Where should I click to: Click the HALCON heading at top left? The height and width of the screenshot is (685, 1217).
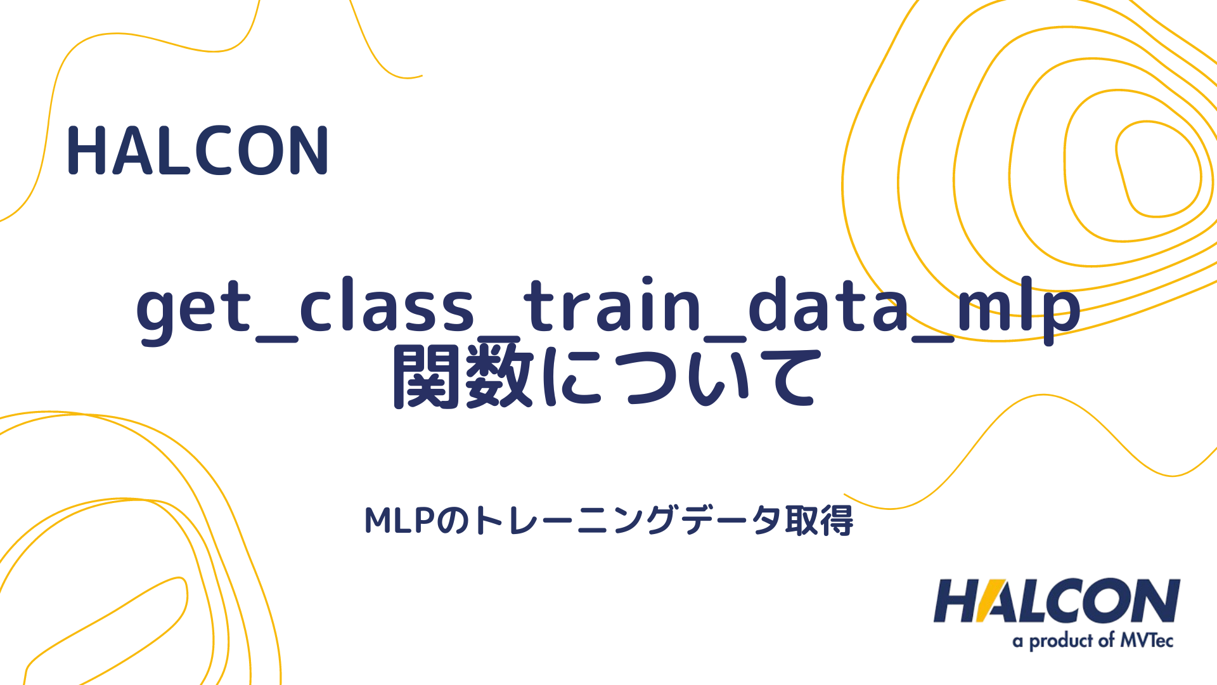(x=198, y=151)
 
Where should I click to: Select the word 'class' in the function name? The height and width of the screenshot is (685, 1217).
(x=387, y=308)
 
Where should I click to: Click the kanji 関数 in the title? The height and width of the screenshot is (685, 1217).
(x=463, y=376)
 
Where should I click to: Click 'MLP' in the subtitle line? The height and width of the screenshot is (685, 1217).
(x=399, y=521)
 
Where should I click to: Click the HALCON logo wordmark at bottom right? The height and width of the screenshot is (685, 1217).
(x=1057, y=601)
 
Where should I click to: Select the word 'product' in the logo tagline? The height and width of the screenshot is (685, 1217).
(x=1062, y=641)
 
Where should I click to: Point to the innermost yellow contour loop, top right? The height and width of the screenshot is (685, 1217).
(x=1159, y=169)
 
